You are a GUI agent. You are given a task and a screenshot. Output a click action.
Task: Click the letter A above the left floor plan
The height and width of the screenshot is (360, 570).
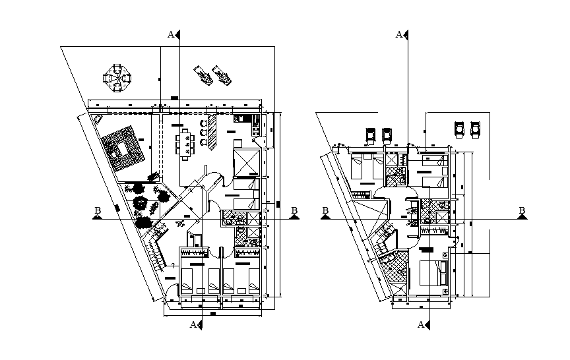pos(171,34)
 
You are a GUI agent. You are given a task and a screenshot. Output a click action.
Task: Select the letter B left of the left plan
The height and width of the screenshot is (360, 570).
pos(98,211)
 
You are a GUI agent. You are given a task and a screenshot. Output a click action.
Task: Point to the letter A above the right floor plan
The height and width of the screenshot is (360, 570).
pos(398,34)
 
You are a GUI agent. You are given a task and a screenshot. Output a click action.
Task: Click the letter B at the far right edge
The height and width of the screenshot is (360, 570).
pos(522,211)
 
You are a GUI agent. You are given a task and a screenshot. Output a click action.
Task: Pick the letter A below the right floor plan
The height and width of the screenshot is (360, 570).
pos(421,324)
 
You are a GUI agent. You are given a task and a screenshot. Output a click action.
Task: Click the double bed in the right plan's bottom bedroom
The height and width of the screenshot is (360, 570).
pos(432,273)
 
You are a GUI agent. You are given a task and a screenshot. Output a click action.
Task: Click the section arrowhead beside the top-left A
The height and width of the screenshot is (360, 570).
pos(179,35)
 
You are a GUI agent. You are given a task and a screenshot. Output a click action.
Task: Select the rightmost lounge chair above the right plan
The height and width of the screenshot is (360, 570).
pos(475,130)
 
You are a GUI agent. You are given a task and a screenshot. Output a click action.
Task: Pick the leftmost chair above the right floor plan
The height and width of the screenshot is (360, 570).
pos(371,135)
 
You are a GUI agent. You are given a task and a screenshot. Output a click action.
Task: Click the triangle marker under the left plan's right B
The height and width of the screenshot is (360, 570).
pos(294,218)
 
